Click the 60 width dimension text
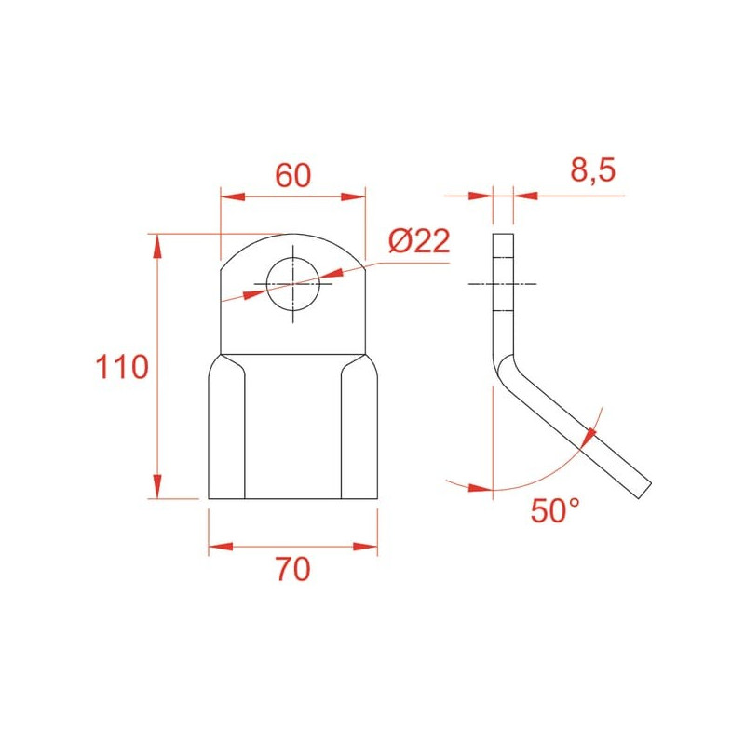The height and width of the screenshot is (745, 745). pyautogui.click(x=293, y=175)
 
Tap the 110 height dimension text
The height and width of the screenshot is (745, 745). pyautogui.click(x=122, y=367)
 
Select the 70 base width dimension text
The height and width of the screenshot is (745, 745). pyautogui.click(x=292, y=569)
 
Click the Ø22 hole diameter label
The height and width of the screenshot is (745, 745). pyautogui.click(x=419, y=241)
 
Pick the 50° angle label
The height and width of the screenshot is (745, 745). pyautogui.click(x=555, y=510)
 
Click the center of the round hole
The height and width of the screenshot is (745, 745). pyautogui.click(x=292, y=284)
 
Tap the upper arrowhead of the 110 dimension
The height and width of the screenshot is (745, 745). pyautogui.click(x=157, y=246)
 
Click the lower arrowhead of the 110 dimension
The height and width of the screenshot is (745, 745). pyautogui.click(x=157, y=486)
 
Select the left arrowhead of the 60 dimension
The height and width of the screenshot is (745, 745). pyautogui.click(x=233, y=196)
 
